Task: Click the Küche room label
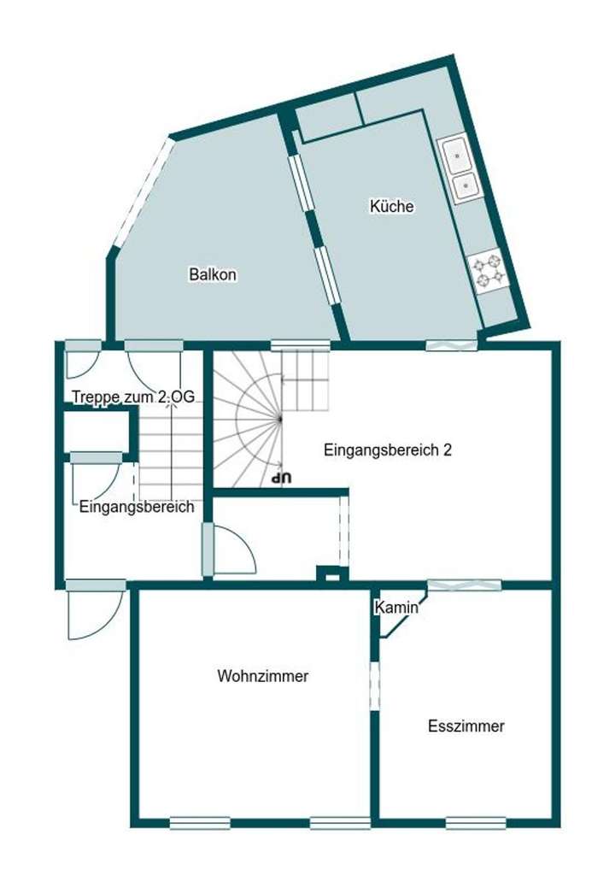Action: click(x=391, y=206)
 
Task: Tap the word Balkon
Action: click(x=213, y=275)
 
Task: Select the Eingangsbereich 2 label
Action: click(x=388, y=451)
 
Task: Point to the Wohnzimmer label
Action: click(x=262, y=676)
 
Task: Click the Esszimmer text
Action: click(x=466, y=726)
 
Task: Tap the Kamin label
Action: click(x=396, y=608)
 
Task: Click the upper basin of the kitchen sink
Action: click(x=457, y=156)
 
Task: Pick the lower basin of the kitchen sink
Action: click(x=466, y=185)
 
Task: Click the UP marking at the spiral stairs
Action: click(x=281, y=478)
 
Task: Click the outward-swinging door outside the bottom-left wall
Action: click(x=92, y=614)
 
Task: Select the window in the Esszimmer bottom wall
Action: click(x=476, y=824)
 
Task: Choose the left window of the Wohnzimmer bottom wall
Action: click(x=199, y=824)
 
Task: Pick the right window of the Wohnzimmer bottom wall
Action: click(x=339, y=824)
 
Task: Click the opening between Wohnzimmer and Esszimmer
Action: click(x=374, y=685)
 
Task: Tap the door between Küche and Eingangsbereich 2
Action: click(x=452, y=345)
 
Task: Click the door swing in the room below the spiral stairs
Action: click(x=233, y=551)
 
